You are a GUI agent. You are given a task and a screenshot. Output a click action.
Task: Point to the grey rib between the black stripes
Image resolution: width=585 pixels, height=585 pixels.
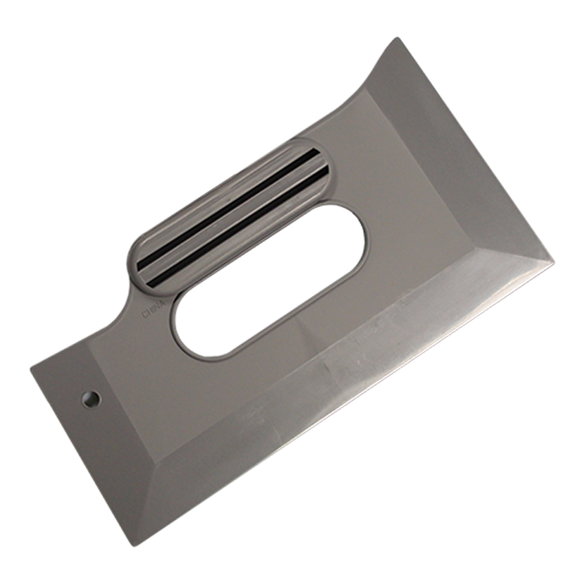pyautogui.click(x=233, y=218)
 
